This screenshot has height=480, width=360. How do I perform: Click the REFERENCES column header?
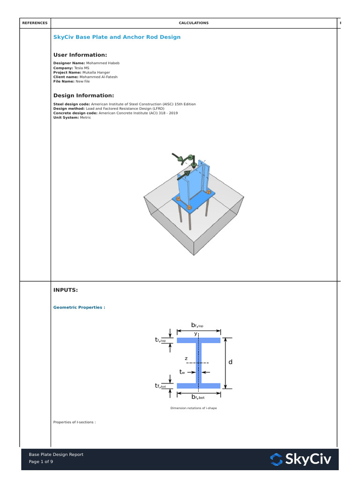pyautogui.click(x=35, y=23)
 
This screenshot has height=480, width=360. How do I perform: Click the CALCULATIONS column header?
pyautogui.click(x=194, y=23)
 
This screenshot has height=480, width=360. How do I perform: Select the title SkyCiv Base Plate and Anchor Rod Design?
pyautogui.click(x=117, y=37)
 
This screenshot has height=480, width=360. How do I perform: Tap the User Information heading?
pyautogui.click(x=80, y=55)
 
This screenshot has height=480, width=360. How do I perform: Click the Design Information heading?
pyautogui.click(x=83, y=95)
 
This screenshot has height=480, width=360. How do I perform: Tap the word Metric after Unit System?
pyautogui.click(x=85, y=118)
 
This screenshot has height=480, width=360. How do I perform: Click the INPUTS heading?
pyautogui.click(x=66, y=290)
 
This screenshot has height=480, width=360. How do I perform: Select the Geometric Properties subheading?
pyautogui.click(x=79, y=307)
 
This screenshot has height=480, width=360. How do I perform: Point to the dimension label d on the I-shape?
pyautogui.click(x=230, y=362)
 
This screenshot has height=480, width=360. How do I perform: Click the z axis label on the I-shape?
pyautogui.click(x=186, y=359)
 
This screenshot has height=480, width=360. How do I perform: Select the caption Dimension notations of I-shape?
pyautogui.click(x=194, y=408)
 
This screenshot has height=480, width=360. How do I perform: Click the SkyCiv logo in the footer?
pyautogui.click(x=301, y=459)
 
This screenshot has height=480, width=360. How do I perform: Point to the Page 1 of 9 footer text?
pyautogui.click(x=41, y=462)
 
